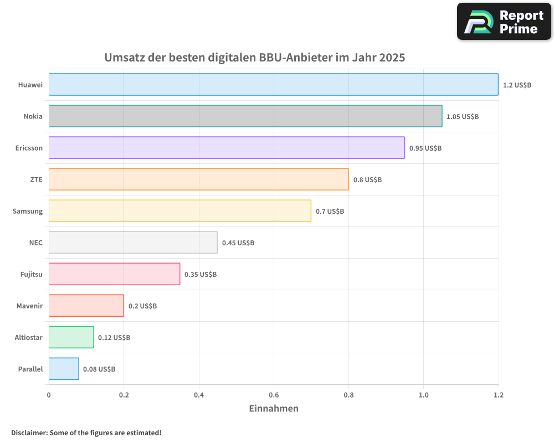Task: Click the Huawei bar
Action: pos(273,85)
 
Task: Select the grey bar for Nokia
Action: pos(245,116)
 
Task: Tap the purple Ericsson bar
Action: pos(227,148)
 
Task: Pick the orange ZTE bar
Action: pos(198,179)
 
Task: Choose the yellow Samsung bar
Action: pos(179,211)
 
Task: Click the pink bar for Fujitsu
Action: pos(114,274)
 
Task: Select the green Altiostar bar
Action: pos(71,337)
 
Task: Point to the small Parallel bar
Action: pos(64,369)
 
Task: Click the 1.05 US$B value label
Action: pos(463,117)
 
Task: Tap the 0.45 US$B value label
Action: pos(238,243)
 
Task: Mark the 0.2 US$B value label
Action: pos(142,306)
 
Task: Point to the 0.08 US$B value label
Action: pos(99,369)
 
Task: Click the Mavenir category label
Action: pos(29,306)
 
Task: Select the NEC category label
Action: pos(35,243)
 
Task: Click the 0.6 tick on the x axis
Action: pos(274,395)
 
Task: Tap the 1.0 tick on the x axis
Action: pos(423,395)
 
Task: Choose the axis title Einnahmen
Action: pos(274,409)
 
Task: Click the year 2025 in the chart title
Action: pos(392,58)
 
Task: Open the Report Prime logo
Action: pos(504,22)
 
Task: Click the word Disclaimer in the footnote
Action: pos(29,433)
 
